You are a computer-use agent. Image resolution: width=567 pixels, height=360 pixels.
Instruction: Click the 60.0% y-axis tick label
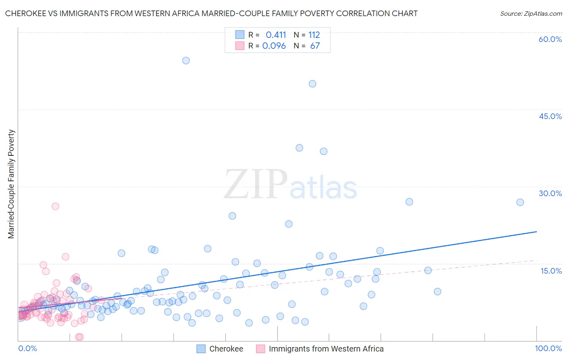550,39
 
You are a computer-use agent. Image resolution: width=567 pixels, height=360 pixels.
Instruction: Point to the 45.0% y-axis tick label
550,116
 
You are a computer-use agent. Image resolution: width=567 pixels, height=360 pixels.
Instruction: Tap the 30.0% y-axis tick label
550,193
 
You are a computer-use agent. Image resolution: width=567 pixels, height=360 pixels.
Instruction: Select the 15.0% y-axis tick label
551,271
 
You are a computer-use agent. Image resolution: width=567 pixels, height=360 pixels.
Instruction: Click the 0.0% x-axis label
27,348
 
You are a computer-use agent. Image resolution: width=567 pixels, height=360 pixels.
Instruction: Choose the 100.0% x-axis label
548,348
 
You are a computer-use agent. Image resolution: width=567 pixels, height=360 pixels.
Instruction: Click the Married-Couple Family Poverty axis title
11,184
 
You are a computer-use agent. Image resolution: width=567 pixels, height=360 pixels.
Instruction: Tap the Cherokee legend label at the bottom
226,349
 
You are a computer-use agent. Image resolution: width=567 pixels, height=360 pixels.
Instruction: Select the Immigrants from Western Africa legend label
326,349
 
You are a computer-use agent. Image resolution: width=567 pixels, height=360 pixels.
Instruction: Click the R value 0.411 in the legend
276,35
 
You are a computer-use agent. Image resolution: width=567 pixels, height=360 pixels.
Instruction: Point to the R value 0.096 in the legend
274,46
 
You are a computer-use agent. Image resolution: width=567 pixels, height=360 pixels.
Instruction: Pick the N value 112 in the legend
314,35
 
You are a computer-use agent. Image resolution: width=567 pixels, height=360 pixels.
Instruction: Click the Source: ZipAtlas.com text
531,13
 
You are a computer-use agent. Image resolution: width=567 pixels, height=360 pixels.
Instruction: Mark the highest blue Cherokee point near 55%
186,61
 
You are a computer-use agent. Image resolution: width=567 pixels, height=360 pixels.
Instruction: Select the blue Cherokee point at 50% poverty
313,84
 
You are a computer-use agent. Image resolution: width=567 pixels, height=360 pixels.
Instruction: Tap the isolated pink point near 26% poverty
55,206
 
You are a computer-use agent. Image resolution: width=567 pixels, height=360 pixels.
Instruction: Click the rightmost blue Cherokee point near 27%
520,202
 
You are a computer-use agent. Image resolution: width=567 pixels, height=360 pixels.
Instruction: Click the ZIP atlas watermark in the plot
290,185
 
